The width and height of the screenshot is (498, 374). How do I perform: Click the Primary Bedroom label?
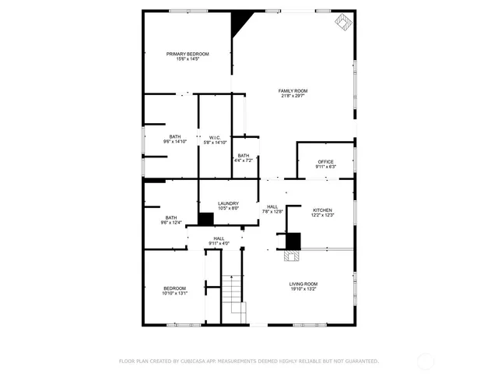188,54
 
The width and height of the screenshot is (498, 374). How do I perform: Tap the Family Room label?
293,91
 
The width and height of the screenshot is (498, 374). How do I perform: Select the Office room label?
325,162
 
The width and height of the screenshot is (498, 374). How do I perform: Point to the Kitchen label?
323,210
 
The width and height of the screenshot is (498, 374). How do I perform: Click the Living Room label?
303,284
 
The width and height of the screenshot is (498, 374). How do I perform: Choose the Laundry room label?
228,203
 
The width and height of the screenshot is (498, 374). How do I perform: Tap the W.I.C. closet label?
215,138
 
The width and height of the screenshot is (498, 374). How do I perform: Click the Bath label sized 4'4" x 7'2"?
244,156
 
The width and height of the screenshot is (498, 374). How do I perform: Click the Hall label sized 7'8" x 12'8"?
272,206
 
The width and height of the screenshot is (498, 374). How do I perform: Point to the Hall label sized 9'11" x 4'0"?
219,238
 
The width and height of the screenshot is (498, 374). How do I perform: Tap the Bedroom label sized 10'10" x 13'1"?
174,288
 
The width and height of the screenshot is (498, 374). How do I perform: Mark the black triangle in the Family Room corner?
240,21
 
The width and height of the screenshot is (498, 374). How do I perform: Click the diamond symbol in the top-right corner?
342,22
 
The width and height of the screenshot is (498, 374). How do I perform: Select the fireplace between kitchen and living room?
293,242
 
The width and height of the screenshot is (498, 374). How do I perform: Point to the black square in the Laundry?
206,220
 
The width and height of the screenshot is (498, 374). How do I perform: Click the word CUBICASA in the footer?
191,361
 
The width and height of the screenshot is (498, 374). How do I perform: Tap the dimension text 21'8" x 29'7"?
293,96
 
